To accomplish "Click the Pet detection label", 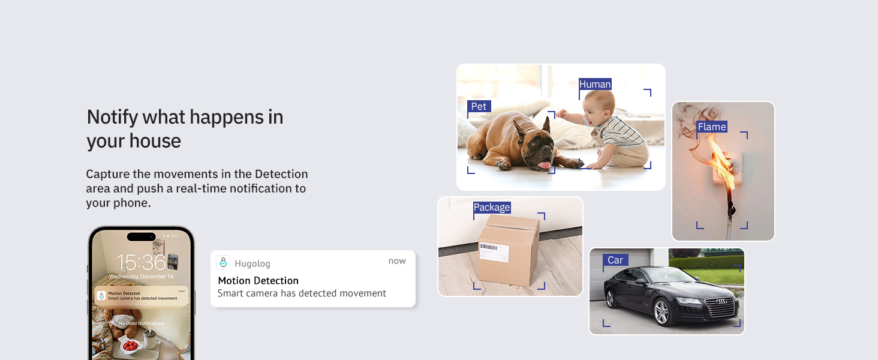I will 479,106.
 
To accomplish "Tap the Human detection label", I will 595,84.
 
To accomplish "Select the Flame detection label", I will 712,127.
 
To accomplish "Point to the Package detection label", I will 492,207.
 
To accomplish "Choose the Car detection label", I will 615,260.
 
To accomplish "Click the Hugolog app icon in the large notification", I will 223,263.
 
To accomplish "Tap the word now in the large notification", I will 397,261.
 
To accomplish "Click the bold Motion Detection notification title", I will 258,280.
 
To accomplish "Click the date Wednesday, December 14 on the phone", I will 142,277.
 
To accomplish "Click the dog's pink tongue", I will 544,164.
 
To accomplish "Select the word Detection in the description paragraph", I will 281,174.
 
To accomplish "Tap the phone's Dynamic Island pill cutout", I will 142,236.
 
